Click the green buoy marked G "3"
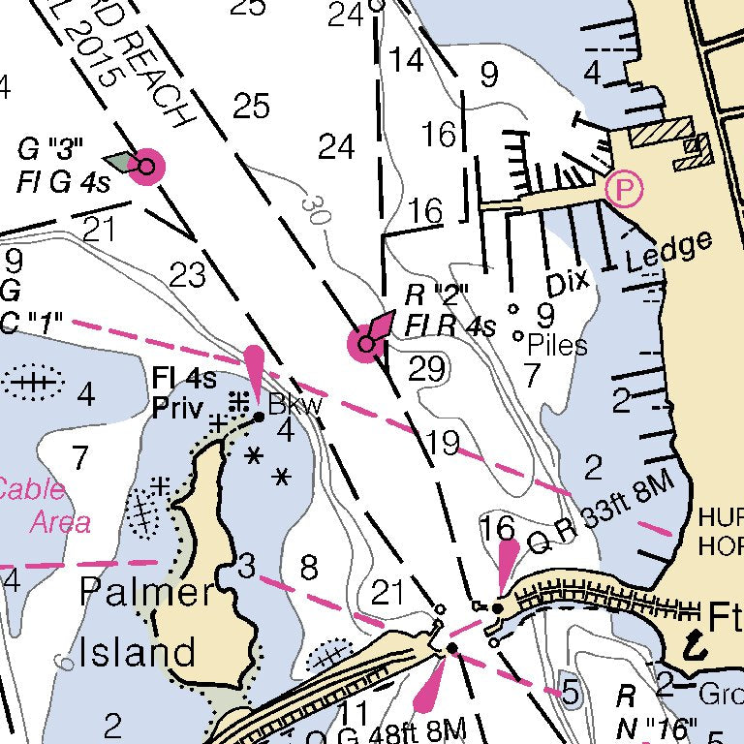coord(145,166)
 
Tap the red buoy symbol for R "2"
coord(366,343)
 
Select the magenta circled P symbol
coord(623,188)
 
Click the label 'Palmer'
coord(146,591)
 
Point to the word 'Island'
coord(138,651)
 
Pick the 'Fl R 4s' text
coord(449,325)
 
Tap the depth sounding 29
coord(427,368)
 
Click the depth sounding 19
coord(443,443)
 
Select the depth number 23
coord(188,276)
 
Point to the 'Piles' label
coord(558,345)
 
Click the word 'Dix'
coord(569,283)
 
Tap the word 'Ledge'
coord(669,252)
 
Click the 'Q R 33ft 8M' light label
coord(599,521)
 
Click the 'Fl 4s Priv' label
coord(183,392)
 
